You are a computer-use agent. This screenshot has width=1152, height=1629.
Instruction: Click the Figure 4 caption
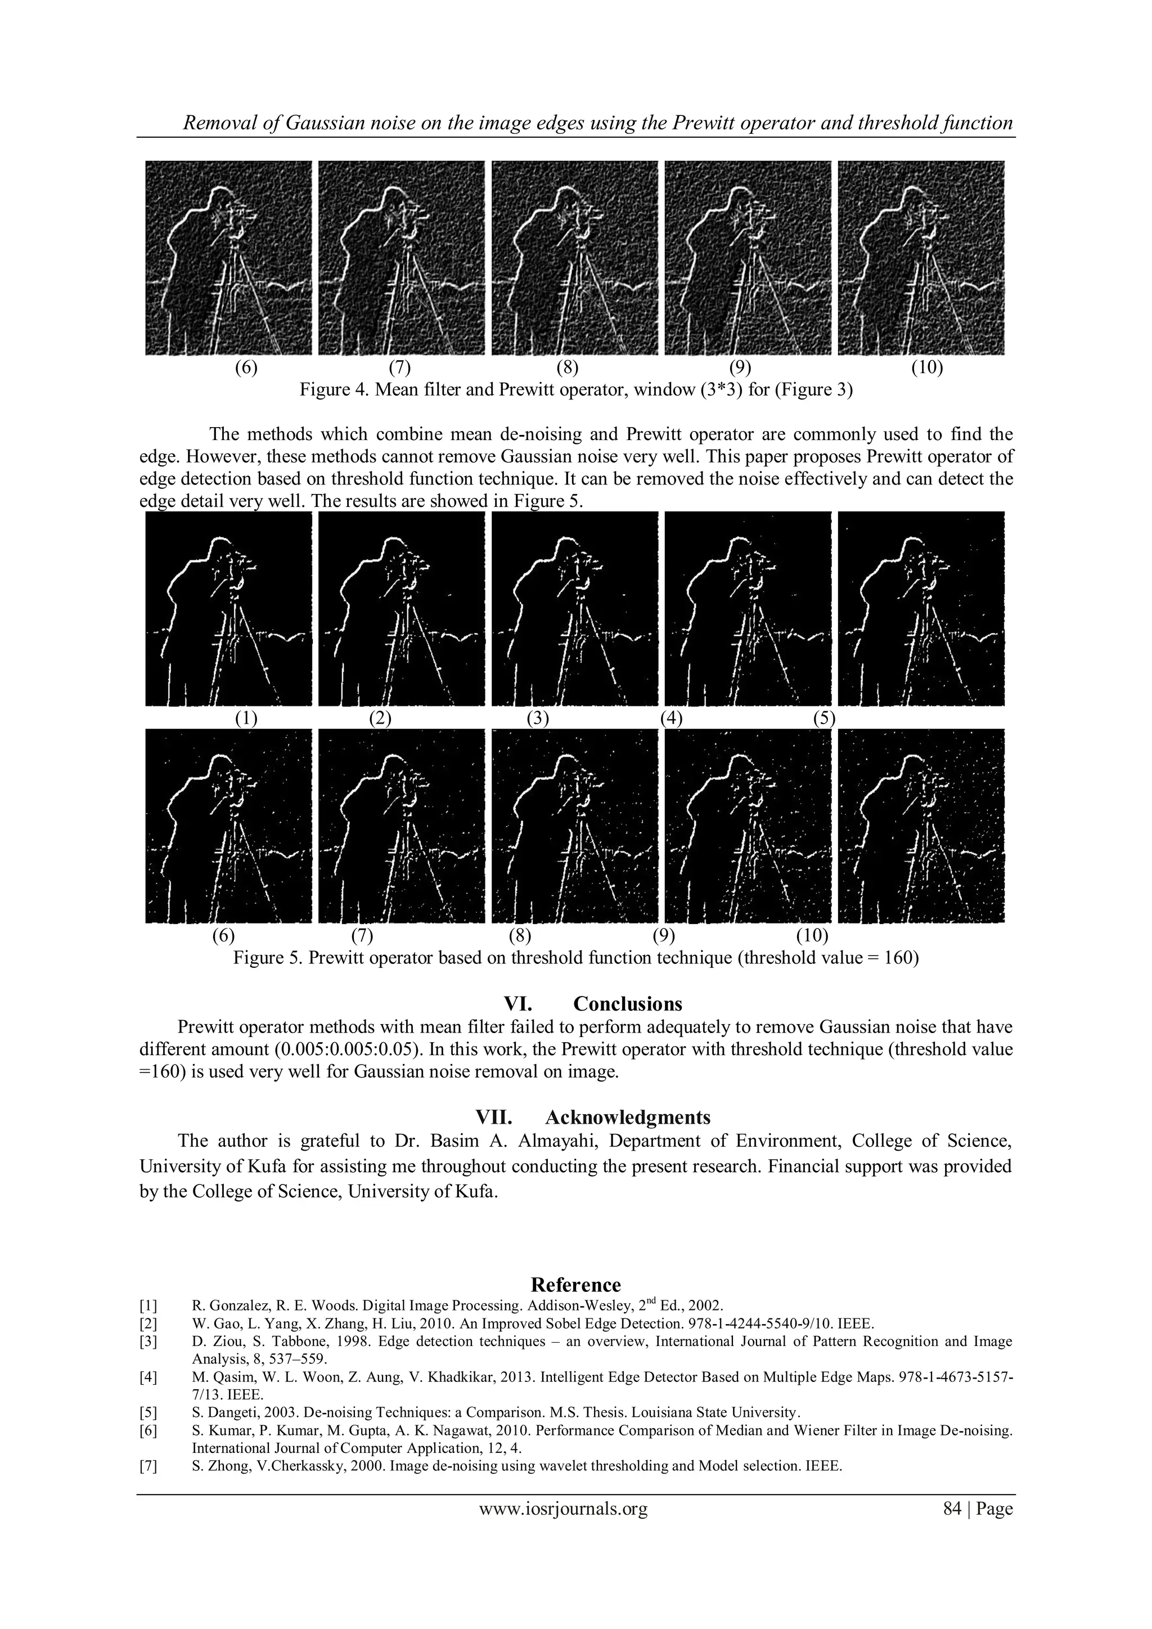575,390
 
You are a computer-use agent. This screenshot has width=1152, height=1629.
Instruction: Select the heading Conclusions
627,1004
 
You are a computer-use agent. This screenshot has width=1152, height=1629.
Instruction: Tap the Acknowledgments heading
627,1118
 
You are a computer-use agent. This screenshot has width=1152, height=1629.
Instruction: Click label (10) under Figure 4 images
927,367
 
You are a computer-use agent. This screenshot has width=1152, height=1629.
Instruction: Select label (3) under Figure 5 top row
538,718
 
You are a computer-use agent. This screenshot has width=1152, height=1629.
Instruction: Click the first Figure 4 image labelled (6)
228,258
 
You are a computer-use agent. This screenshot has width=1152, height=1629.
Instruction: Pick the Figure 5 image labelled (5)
921,609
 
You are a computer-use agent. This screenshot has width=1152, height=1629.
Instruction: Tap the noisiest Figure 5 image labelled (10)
921,827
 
